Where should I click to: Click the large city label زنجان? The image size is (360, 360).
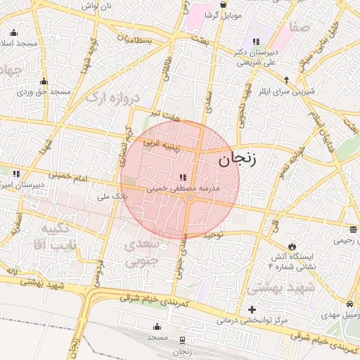[x=238, y=158]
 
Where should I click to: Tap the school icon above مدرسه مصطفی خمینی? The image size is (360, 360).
[x=183, y=178]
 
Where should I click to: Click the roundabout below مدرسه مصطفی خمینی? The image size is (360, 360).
[x=189, y=198]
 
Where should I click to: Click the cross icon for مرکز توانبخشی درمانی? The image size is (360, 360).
[x=252, y=309]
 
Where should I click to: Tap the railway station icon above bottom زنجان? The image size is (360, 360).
[x=183, y=340]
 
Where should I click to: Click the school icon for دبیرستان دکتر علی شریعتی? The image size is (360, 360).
[x=255, y=42]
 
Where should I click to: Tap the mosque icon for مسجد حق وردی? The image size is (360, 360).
[x=44, y=82]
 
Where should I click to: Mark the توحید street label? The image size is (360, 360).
[x=213, y=233]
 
